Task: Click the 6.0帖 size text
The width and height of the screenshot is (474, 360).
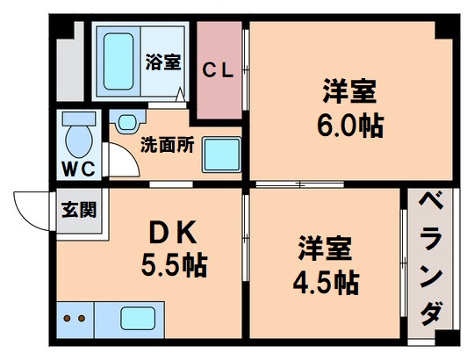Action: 348,124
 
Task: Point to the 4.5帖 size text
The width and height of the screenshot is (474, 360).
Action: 324,282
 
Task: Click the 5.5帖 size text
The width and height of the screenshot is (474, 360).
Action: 174,263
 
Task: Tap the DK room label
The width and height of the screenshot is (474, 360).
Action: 175,233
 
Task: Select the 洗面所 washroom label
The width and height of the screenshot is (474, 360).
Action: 167,147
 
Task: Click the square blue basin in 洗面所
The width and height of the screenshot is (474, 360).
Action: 221,157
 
